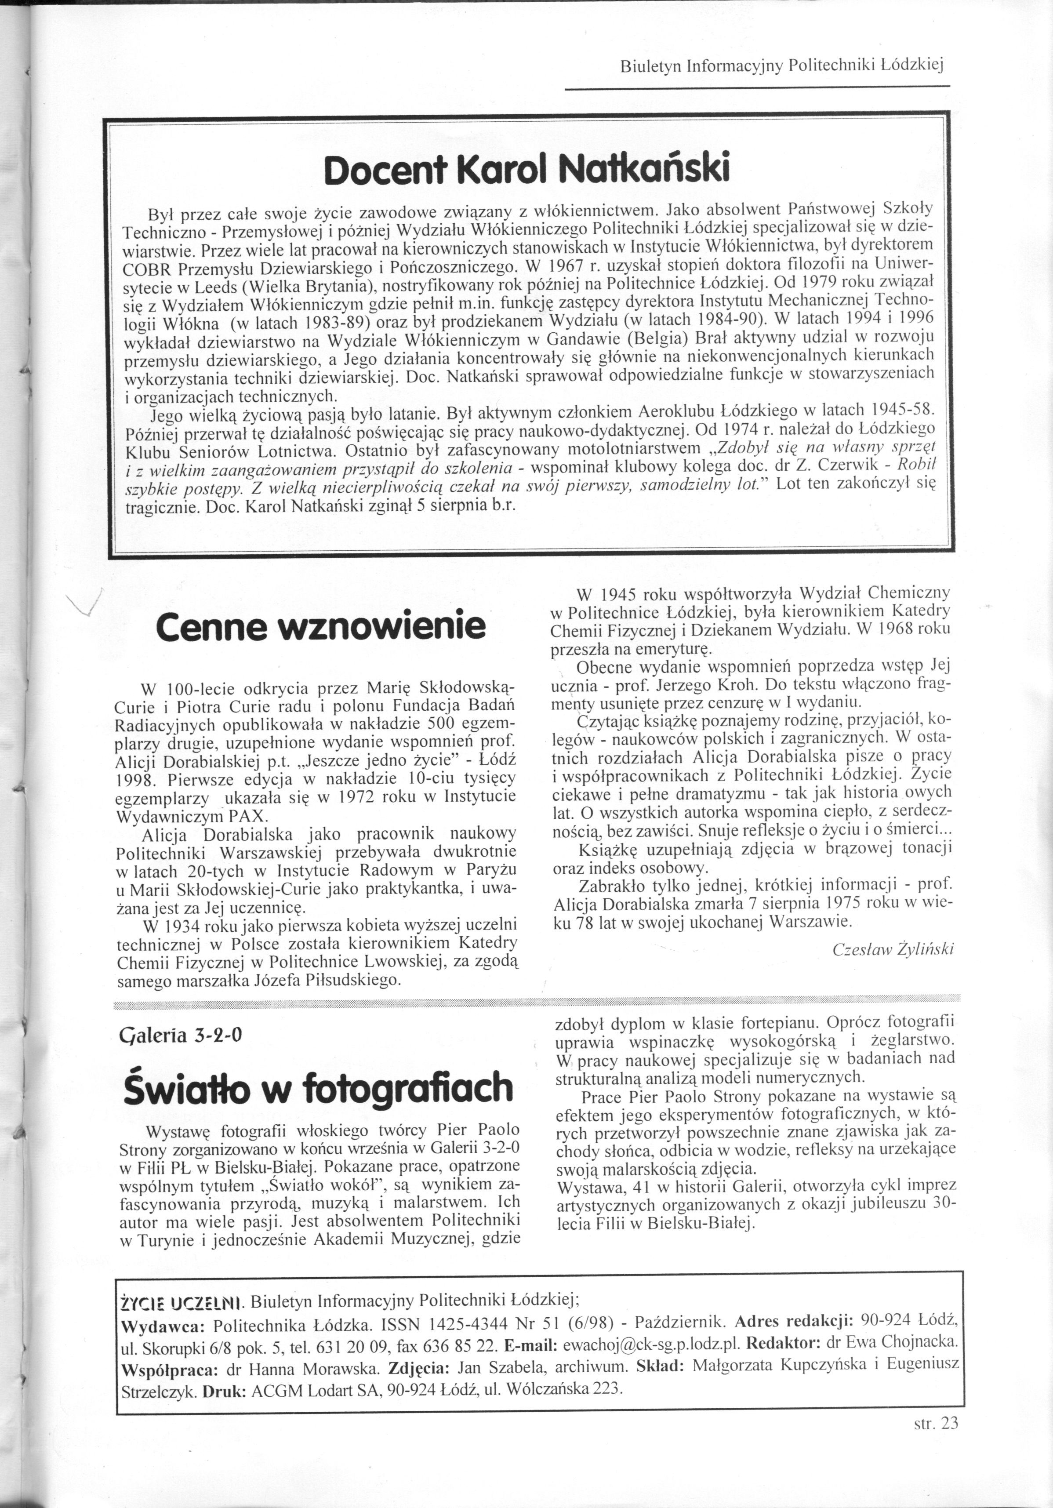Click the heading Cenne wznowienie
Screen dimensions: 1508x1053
(320, 627)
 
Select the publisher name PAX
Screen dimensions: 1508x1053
(249, 817)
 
